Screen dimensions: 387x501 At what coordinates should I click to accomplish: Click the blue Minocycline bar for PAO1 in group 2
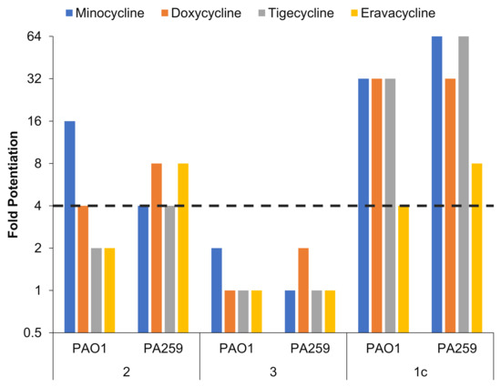tap(69, 227)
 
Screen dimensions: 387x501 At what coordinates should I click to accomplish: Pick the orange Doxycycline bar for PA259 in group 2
tap(157, 248)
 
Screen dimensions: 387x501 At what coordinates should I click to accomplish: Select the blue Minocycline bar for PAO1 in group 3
tap(216, 290)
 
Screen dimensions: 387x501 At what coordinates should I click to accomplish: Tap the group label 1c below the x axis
tap(421, 375)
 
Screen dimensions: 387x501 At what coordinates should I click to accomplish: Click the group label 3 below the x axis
tap(273, 375)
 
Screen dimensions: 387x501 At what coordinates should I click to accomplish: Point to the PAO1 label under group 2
tap(90, 350)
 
